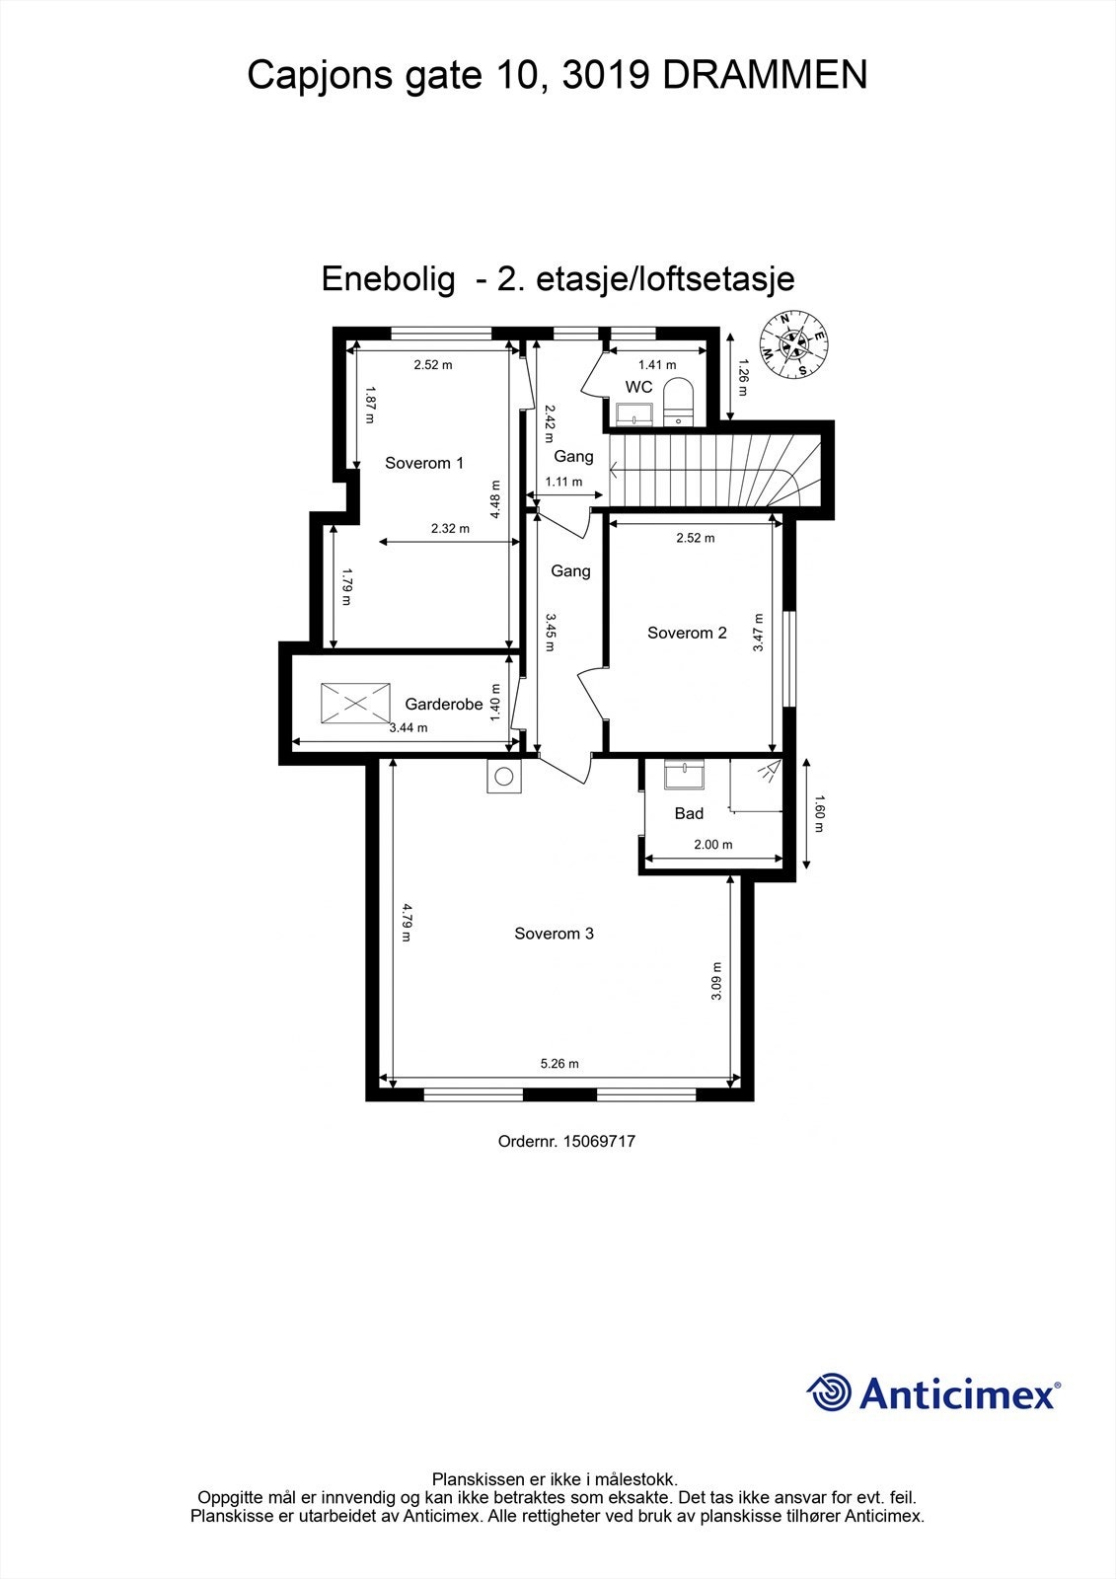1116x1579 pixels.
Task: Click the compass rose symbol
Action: click(x=792, y=343)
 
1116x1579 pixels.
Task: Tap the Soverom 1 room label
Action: click(x=424, y=463)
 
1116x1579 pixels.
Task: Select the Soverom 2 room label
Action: click(x=687, y=633)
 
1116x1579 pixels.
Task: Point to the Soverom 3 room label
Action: click(x=554, y=934)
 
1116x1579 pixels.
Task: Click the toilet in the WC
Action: click(x=678, y=402)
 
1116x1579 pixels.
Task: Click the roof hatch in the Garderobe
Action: click(x=354, y=704)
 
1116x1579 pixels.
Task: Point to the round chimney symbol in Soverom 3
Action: click(x=504, y=777)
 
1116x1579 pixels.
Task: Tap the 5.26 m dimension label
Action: click(x=559, y=1064)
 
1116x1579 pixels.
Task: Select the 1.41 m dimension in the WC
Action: click(x=657, y=365)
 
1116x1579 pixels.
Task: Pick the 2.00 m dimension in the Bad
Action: click(x=713, y=845)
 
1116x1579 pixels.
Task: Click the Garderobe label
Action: click(x=444, y=705)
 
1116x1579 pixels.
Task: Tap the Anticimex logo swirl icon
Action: click(x=830, y=1392)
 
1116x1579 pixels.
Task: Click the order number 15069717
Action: click(x=599, y=1141)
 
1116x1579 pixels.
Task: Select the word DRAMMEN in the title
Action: click(x=765, y=75)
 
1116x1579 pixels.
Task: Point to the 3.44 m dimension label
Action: click(x=409, y=728)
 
